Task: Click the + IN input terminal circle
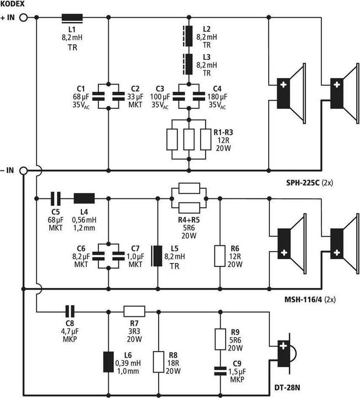[23, 18]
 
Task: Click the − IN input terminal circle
[23, 171]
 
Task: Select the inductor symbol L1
[72, 18]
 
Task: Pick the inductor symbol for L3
[190, 64]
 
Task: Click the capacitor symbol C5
[55, 198]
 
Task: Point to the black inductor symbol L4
[85, 198]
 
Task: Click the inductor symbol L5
[158, 256]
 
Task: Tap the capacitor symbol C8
[70, 311]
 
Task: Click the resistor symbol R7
[134, 311]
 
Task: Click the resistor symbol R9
[221, 339]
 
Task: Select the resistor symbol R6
[221, 256]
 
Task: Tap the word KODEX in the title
[14, 4]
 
